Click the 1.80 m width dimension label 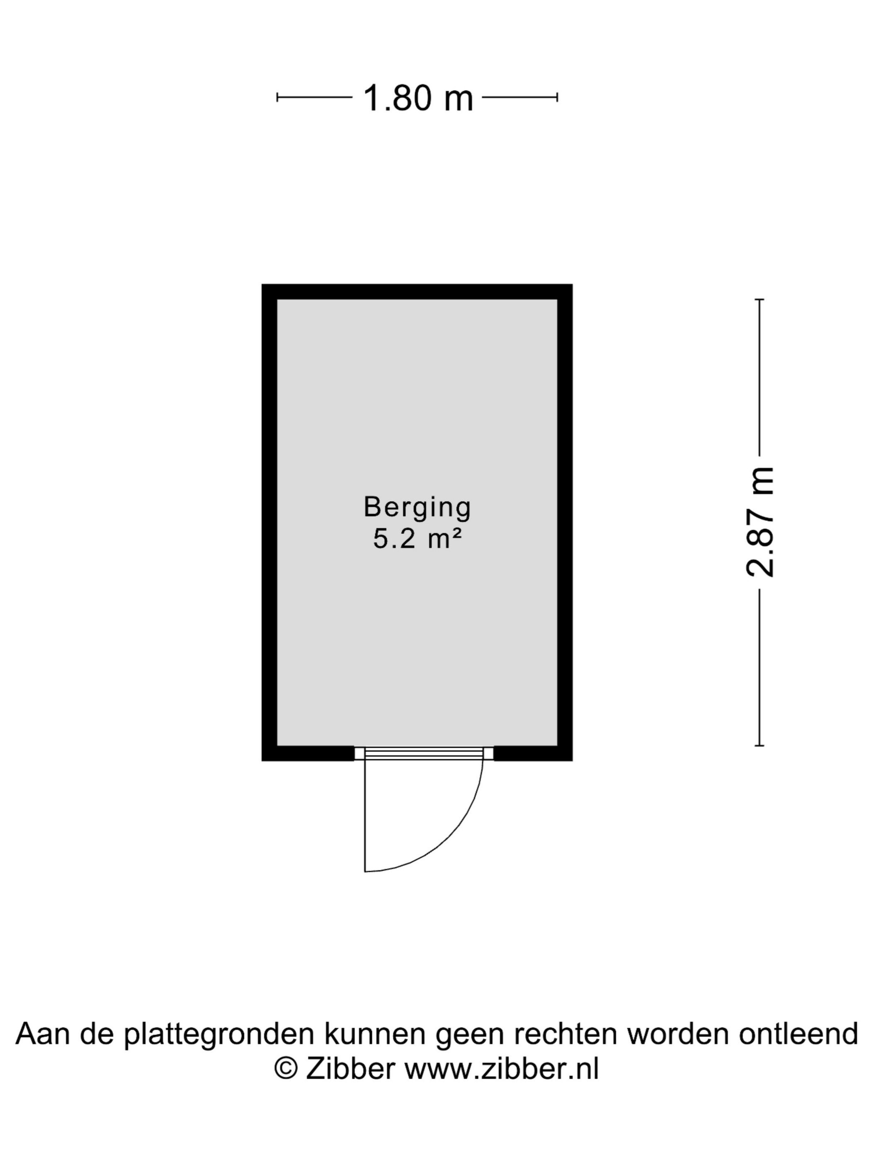coord(418,98)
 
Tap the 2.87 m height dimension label coord(759,523)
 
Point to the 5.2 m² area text coord(417,539)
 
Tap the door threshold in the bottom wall coord(424,753)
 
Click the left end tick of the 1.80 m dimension coord(277,97)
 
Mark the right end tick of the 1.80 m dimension coord(557,97)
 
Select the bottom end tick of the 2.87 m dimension coord(759,746)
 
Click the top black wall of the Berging coord(417,292)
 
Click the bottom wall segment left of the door coord(308,753)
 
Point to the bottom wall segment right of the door coord(533,753)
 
